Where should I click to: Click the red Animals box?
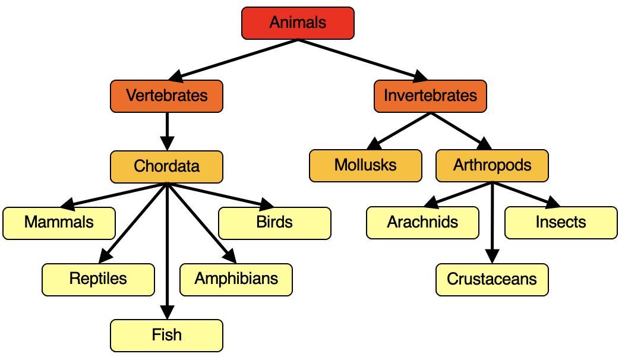298,23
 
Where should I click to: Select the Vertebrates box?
166,96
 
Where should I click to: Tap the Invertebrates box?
430,96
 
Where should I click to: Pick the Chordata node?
166,166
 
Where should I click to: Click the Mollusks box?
365,165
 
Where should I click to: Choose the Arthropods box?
492,165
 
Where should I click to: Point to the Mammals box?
59,223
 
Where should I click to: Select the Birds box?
274,223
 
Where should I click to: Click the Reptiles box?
98,279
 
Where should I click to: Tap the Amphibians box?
236,279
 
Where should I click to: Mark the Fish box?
166,335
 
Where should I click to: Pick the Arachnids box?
422,223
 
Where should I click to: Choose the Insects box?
561,223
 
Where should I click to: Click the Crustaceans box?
492,279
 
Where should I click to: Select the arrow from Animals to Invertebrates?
362,59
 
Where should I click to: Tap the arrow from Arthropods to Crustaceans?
492,226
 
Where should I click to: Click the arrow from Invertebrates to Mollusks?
401,130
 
